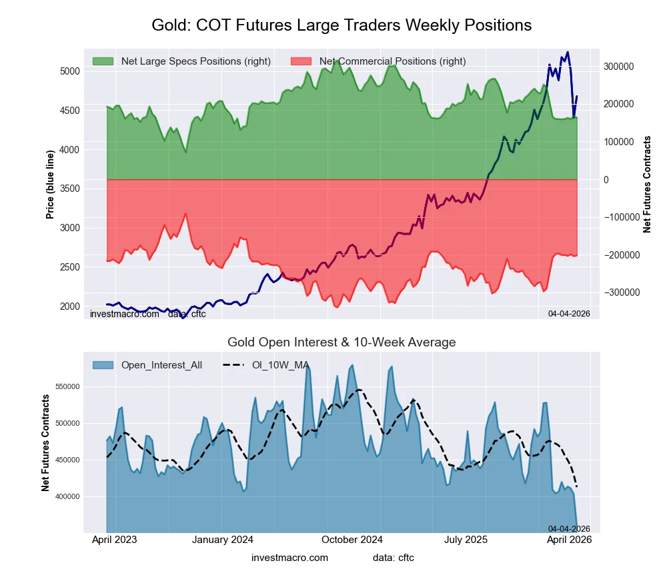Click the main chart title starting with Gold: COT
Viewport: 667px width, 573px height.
coord(342,25)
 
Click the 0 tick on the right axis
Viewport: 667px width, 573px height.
coord(607,180)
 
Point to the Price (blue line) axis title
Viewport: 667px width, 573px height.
coord(50,184)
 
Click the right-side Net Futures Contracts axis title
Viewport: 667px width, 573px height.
coord(647,184)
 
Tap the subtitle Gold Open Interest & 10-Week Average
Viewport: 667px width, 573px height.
coord(342,342)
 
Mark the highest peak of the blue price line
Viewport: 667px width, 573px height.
coord(568,52)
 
